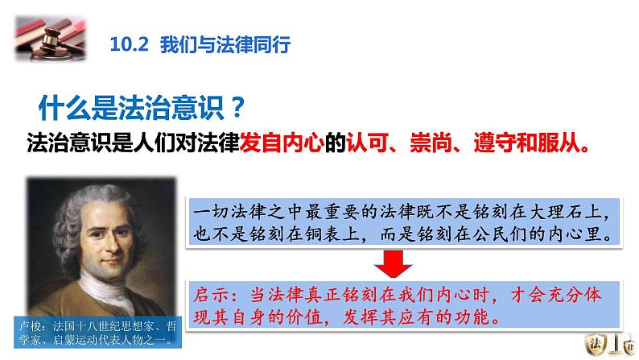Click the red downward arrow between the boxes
click(391, 263)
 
